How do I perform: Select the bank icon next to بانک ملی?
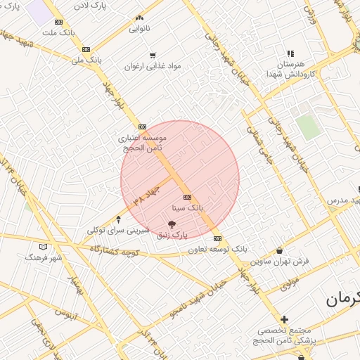(x=86, y=49)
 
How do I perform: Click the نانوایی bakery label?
(x=139, y=30)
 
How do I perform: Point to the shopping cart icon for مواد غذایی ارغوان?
(x=153, y=56)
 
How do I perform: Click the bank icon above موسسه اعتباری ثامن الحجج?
(x=142, y=127)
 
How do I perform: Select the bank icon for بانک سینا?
(x=187, y=198)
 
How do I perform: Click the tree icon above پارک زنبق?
(x=173, y=224)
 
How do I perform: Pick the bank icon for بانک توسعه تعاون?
(x=218, y=238)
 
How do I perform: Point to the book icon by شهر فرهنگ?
(x=44, y=247)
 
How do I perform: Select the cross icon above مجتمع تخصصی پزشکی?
(x=285, y=319)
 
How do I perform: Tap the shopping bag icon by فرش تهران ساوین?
(x=281, y=250)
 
